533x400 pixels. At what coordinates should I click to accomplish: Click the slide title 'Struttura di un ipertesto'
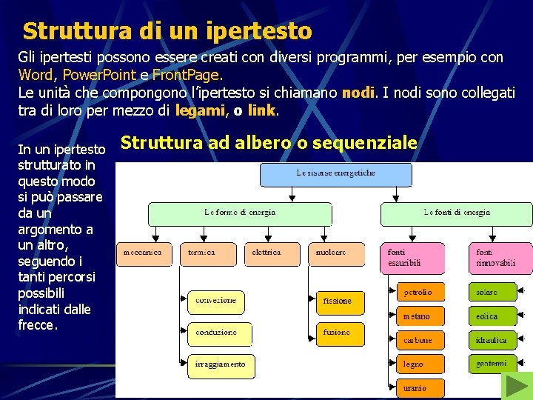coord(167,31)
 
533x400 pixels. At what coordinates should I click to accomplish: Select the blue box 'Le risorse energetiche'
coord(335,174)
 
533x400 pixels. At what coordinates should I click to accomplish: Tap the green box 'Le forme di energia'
coord(241,213)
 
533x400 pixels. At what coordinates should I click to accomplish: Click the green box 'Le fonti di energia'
coord(456,213)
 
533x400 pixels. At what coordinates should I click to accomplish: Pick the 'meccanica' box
coord(144,253)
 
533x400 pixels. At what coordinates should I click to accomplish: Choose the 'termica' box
coord(208,253)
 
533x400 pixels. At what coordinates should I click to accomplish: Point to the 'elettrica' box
coord(272,253)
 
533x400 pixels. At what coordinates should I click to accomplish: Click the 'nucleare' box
coord(336,253)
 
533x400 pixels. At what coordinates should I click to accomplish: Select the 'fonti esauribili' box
coord(415,258)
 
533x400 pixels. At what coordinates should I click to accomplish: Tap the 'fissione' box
coord(341,302)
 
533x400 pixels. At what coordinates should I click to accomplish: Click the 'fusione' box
coord(341,333)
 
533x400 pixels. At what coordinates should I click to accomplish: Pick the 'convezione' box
coord(219,301)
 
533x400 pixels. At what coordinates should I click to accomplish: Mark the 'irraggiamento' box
coord(221,365)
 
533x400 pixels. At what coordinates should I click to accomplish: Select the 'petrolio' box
coord(420,293)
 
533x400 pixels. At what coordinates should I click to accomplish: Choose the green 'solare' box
coord(492,293)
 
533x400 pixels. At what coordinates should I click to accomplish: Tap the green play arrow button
coord(516,386)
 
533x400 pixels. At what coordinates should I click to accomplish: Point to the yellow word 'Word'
coord(35,76)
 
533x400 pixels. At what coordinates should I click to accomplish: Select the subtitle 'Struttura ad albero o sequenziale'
coord(269,143)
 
